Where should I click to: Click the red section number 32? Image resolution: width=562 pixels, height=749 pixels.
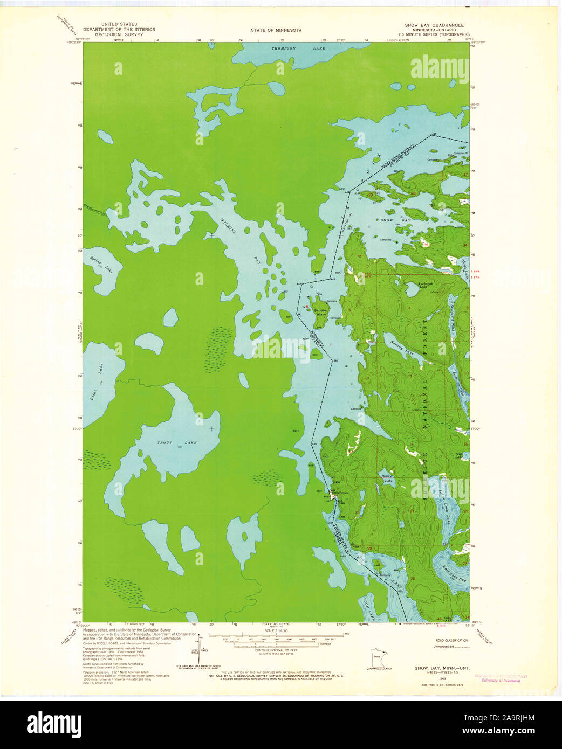tap(359, 257)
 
